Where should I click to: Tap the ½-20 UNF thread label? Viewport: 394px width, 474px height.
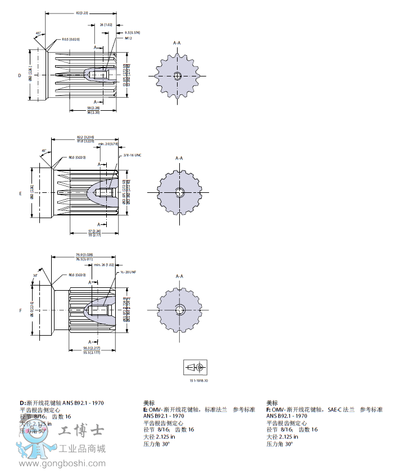[129, 272]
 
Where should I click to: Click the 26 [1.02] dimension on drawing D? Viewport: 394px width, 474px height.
[106, 25]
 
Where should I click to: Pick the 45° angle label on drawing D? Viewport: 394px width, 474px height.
[38, 33]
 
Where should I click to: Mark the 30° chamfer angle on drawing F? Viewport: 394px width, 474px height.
[35, 276]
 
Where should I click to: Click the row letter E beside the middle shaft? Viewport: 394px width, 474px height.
[20, 193]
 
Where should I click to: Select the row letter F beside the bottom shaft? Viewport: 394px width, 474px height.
[20, 310]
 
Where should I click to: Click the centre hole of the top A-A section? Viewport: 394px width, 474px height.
[177, 76]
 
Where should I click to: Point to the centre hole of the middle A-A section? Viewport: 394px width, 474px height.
[179, 192]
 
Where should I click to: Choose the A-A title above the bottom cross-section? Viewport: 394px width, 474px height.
[179, 276]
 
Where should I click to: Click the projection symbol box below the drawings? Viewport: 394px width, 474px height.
[196, 367]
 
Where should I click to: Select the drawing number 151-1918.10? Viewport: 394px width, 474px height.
[198, 381]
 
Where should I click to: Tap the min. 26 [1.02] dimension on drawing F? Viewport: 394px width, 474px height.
[104, 264]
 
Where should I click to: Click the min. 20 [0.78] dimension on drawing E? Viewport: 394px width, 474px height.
[108, 144]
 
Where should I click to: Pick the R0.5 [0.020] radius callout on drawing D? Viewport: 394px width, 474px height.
[70, 39]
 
